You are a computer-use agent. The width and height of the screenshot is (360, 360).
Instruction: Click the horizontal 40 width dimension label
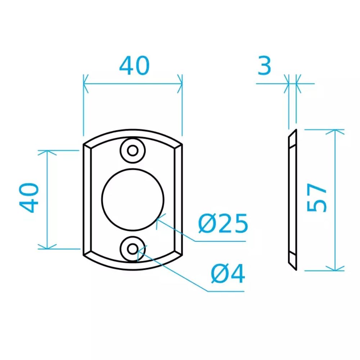135,66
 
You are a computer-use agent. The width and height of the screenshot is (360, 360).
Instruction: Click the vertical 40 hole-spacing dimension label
29,198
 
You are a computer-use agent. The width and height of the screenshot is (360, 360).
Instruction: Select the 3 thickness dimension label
265,66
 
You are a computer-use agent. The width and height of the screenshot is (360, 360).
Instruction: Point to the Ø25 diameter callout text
223,224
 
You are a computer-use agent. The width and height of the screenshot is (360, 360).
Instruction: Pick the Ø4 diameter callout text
228,274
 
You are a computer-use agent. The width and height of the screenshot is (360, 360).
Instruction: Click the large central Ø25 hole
133,199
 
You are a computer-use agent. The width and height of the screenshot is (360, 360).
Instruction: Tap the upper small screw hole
133,150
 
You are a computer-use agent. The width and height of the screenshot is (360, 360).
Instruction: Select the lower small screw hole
133,249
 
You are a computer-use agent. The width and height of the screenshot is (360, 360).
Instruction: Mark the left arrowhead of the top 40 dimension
86,84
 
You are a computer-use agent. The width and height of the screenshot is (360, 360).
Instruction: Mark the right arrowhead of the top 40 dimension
180,84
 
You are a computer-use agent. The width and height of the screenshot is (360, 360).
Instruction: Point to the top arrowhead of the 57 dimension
335,132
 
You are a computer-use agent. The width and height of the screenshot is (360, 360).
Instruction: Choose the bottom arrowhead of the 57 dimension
335,268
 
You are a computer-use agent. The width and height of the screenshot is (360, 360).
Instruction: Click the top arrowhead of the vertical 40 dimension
47,153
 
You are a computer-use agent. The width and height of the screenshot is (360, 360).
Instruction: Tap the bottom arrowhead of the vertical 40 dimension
47,247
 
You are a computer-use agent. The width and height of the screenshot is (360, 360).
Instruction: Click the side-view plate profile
293,200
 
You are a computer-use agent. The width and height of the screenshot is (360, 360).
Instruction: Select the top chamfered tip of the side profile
296,130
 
